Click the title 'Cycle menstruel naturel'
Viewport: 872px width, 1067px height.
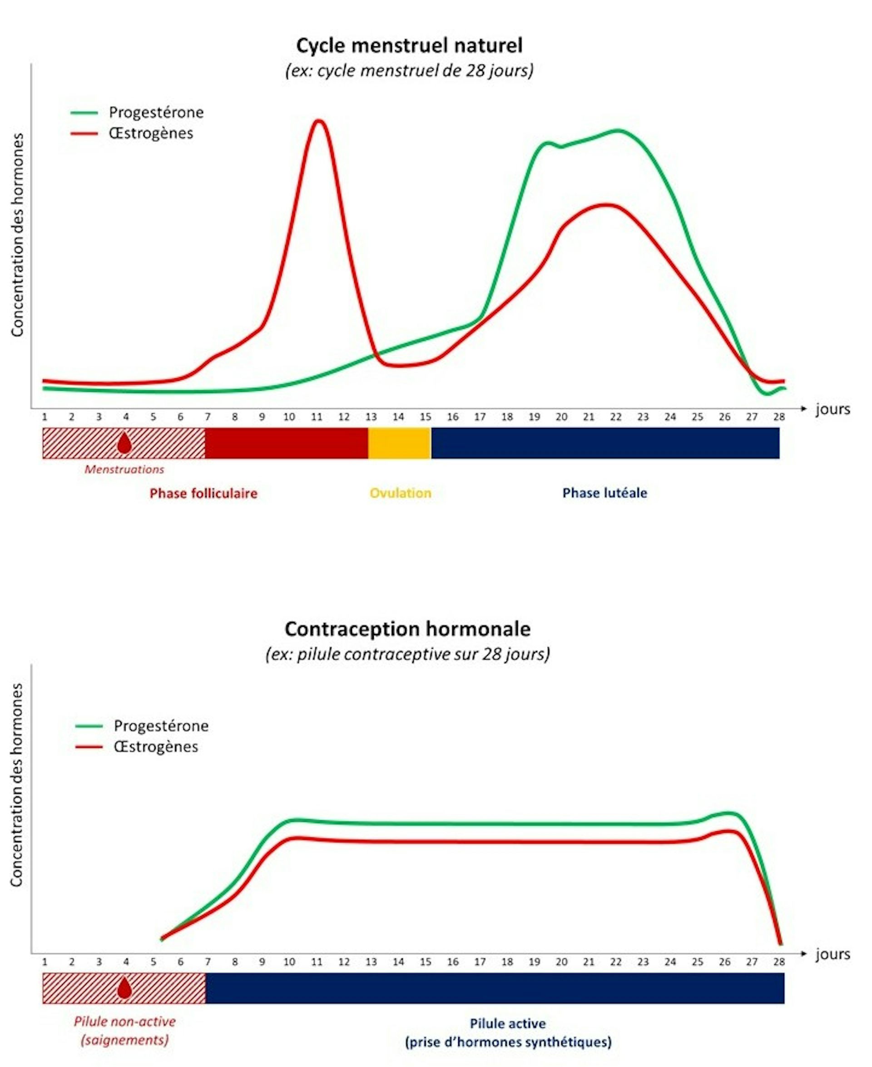[x=409, y=46]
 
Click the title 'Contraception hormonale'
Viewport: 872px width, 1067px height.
[x=407, y=629]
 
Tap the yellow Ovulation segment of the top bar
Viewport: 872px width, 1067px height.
[x=399, y=443]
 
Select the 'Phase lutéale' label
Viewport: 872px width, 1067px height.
[x=604, y=493]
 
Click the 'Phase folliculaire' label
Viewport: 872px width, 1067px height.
[x=203, y=493]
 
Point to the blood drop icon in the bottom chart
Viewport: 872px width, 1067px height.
[x=124, y=988]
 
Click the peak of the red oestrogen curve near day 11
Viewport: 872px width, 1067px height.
[x=317, y=122]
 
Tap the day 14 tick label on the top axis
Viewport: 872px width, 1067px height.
[x=398, y=417]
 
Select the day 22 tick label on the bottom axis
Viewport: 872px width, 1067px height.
[x=615, y=962]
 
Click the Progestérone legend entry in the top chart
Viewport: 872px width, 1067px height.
[x=156, y=113]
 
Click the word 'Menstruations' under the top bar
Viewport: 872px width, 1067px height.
[x=124, y=469]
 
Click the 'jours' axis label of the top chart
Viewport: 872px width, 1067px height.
[x=832, y=409]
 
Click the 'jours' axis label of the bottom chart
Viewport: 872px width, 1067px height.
[x=832, y=954]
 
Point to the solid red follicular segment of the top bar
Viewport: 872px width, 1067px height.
[x=286, y=443]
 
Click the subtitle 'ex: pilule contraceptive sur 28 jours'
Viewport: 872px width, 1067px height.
[x=407, y=654]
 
